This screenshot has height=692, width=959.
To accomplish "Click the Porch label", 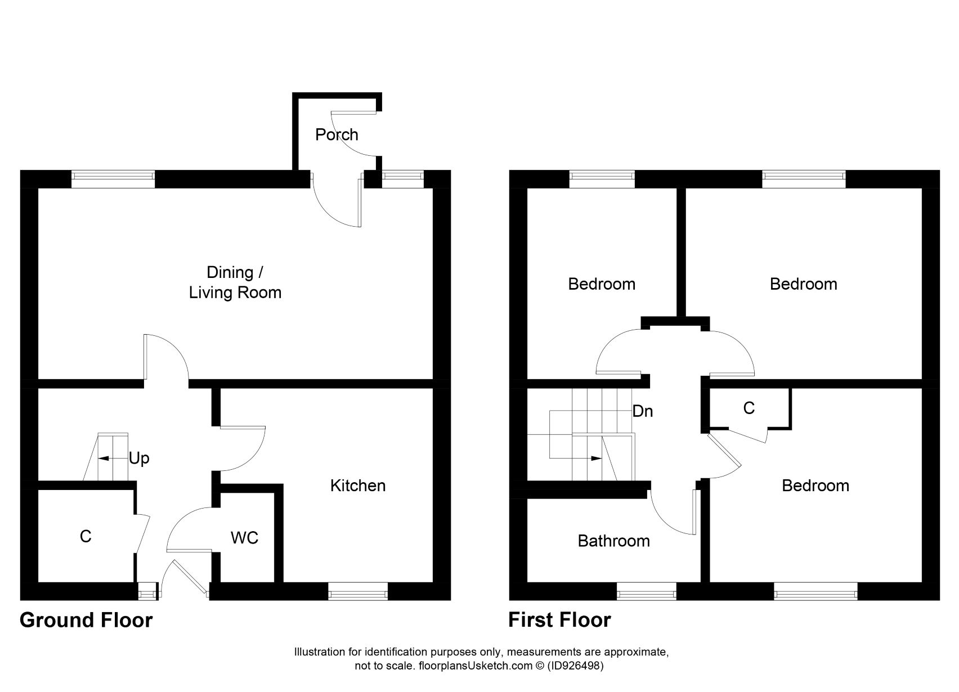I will [337, 135].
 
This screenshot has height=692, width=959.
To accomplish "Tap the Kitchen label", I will [358, 486].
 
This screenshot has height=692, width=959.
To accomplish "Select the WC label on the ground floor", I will [244, 538].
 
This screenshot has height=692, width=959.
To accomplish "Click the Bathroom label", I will [613, 541].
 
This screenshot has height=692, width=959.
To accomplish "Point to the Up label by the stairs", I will [139, 459].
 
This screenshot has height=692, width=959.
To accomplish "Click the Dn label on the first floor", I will [643, 411].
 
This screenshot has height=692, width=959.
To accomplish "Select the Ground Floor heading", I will [86, 620].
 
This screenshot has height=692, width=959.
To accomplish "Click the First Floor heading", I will [559, 620].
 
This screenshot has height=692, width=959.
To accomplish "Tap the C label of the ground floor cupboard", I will [86, 536].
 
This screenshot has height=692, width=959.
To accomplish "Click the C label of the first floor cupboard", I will [749, 408].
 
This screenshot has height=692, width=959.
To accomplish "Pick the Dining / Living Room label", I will [235, 282].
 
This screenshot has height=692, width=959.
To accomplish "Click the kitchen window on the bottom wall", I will [358, 591].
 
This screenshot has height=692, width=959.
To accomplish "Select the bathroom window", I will [646, 591].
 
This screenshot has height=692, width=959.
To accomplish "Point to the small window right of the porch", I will [403, 178].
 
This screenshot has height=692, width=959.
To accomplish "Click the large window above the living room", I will [113, 178].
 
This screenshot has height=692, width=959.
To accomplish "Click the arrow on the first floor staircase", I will [591, 459].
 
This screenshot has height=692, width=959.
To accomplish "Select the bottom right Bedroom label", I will [815, 486].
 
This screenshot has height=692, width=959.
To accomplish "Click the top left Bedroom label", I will [602, 284].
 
